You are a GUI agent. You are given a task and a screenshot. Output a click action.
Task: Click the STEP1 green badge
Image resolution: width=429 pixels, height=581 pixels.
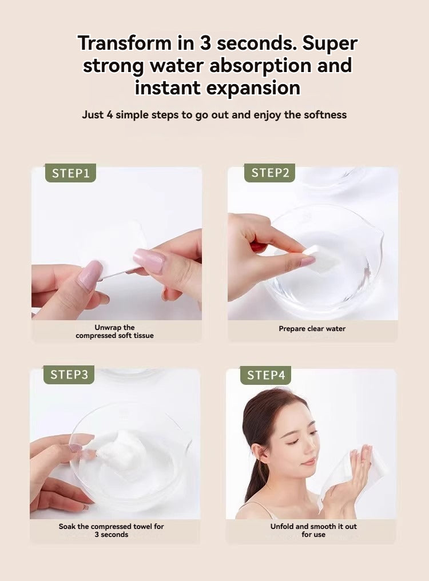pyautogui.click(x=70, y=173)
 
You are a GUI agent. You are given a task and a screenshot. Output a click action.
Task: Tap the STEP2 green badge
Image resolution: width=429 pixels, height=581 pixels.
pyautogui.click(x=269, y=173)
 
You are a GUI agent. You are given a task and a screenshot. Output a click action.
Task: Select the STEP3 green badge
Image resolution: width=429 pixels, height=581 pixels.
pyautogui.click(x=69, y=375)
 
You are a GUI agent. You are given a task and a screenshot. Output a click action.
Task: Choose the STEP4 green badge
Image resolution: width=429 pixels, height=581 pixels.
pyautogui.click(x=266, y=375)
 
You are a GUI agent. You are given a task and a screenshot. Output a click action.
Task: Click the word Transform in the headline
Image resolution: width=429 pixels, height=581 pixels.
pyautogui.click(x=125, y=43)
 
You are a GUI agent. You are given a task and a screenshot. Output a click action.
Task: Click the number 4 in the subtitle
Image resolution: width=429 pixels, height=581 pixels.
pyautogui.click(x=109, y=115)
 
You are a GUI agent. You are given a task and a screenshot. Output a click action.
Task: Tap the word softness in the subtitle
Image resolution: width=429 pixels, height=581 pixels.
pyautogui.click(x=325, y=115)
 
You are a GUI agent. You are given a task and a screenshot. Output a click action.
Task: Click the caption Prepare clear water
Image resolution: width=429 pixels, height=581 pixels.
pyautogui.click(x=312, y=329)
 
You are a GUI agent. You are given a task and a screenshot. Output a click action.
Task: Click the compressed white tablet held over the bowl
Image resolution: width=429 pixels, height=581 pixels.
pyautogui.click(x=321, y=258)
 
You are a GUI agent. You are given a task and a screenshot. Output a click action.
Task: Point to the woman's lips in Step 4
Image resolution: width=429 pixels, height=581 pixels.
pyautogui.click(x=310, y=461)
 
